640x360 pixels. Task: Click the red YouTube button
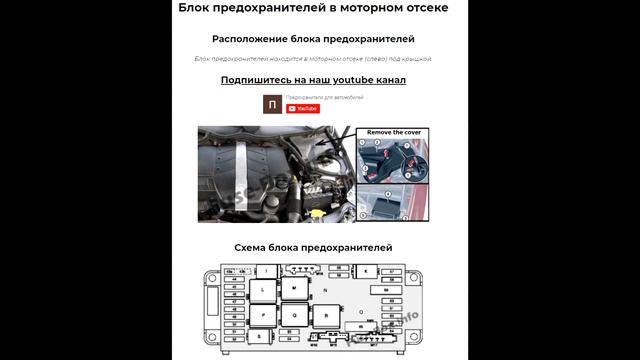(303, 108)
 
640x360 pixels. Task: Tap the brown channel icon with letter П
(273, 104)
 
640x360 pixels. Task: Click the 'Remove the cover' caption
(394, 132)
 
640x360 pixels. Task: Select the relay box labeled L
(263, 290)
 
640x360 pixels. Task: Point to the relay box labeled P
(263, 314)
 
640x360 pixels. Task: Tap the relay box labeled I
(267, 270)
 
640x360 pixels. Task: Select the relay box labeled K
(366, 271)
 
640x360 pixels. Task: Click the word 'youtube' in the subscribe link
(349, 80)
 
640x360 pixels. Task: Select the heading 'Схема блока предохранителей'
(313, 247)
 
